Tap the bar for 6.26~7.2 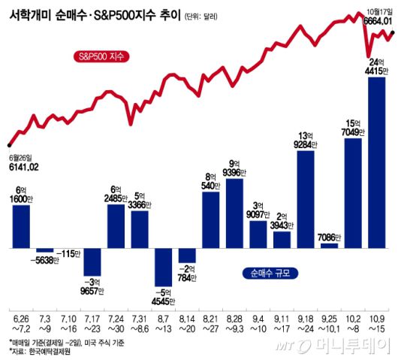pos(21,226)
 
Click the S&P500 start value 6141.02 pos(23,166)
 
